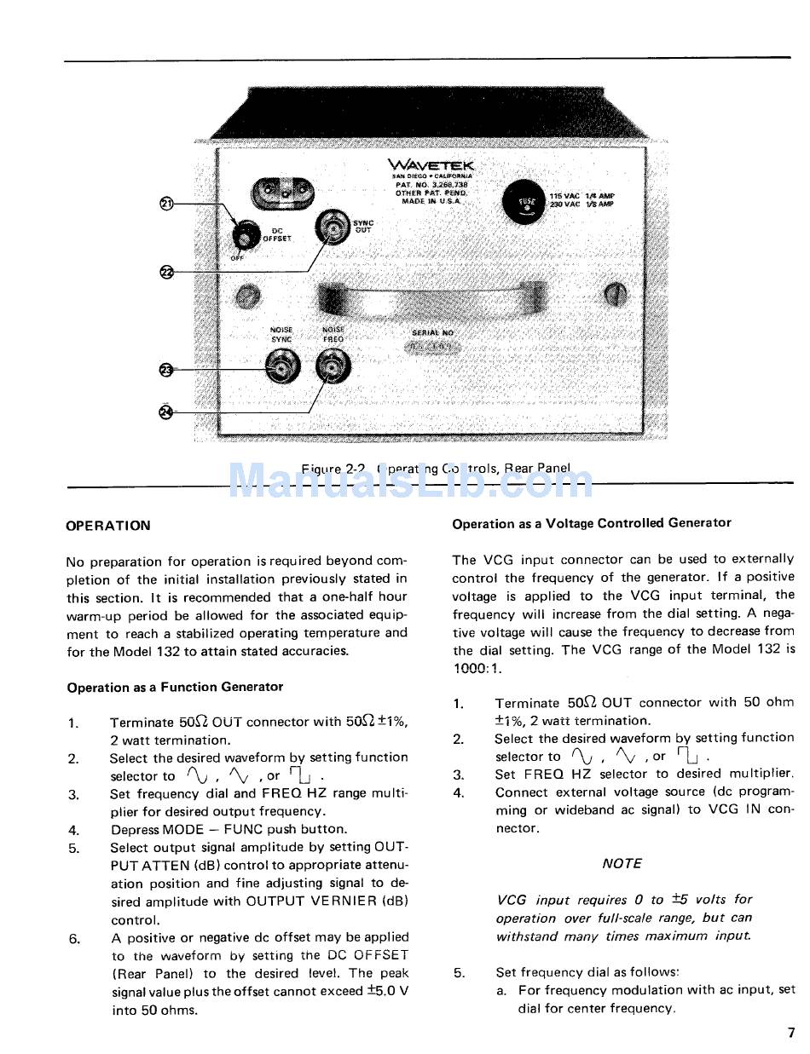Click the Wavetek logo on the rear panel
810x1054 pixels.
(x=431, y=165)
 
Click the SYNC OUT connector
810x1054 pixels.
(x=333, y=228)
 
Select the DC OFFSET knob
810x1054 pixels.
(x=248, y=233)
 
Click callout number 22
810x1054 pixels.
(x=167, y=272)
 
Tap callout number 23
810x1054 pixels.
(x=167, y=369)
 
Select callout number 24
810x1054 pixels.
(x=167, y=412)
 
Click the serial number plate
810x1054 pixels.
(x=432, y=348)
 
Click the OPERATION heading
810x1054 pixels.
(x=108, y=526)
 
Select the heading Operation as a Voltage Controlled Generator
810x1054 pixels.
(x=592, y=523)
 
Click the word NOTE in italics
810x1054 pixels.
(x=622, y=863)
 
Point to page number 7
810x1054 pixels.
(x=791, y=1034)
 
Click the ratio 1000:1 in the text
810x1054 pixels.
(x=477, y=668)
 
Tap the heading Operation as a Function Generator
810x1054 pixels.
(x=175, y=687)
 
